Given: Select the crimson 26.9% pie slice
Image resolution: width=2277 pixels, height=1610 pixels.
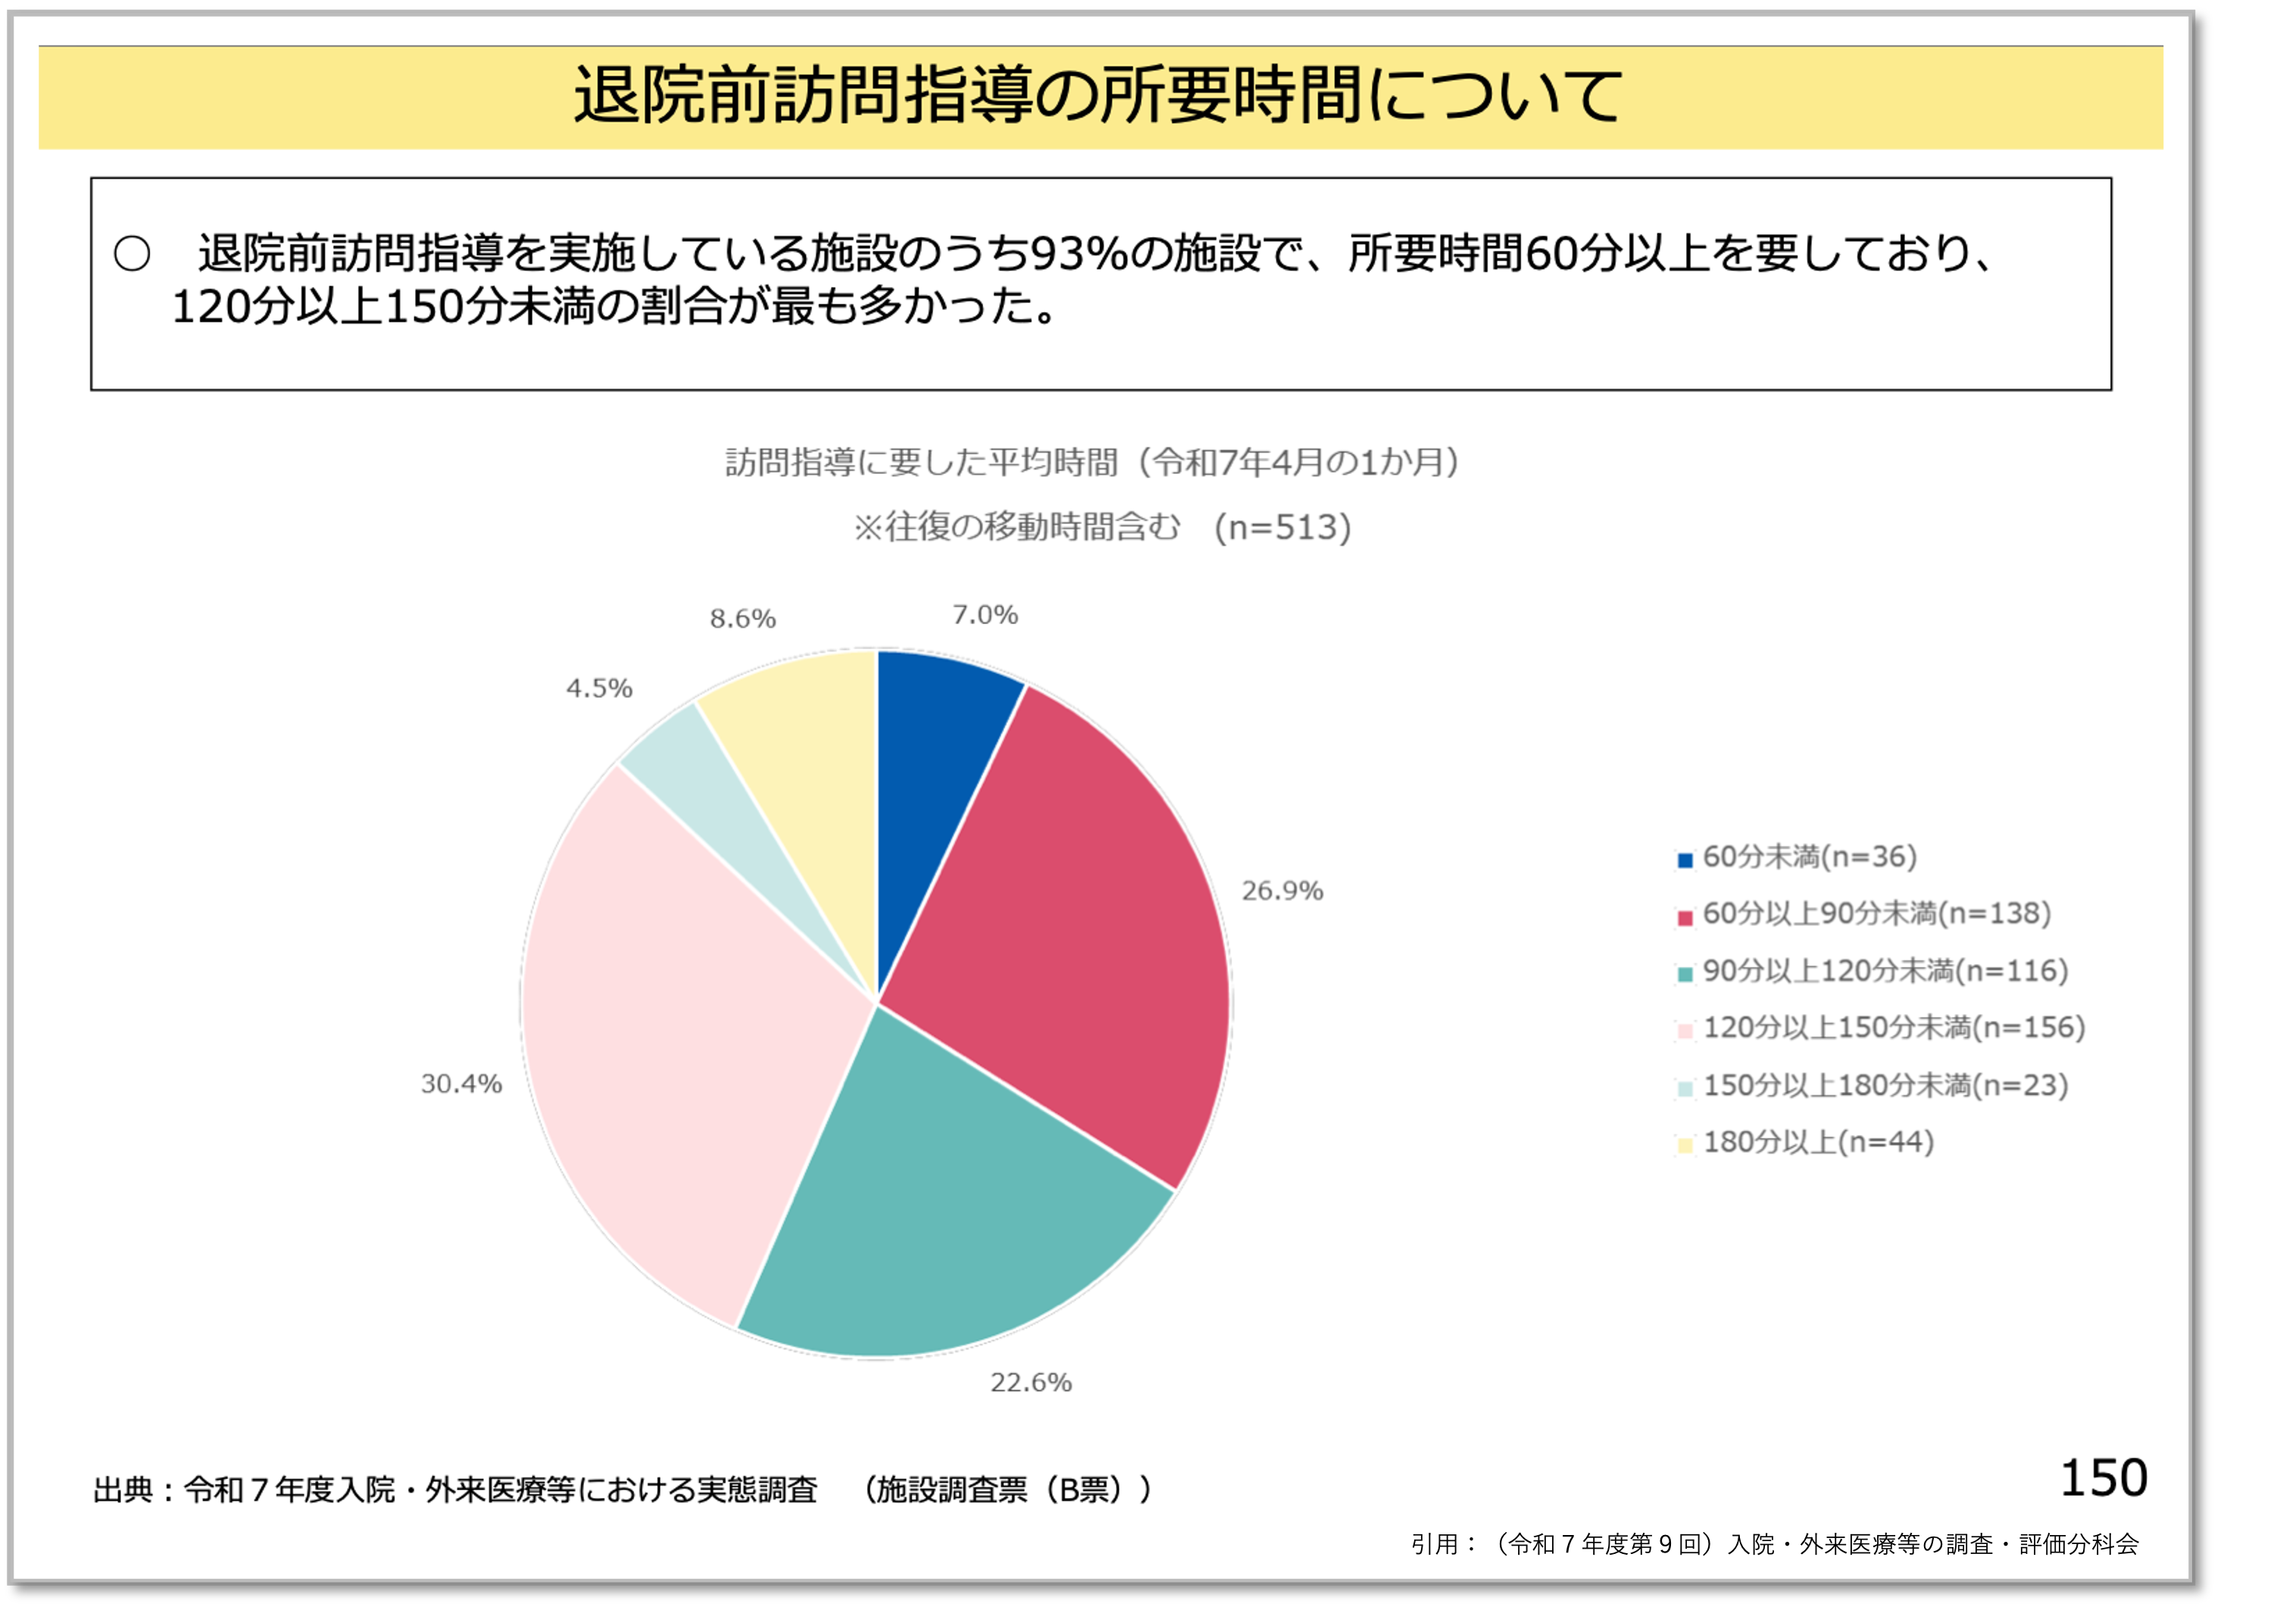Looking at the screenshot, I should pyautogui.click(x=1071, y=932).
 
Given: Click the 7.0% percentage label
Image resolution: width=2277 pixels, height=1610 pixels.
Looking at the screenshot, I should pyautogui.click(x=985, y=616).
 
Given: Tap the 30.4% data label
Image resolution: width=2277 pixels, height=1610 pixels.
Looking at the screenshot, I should pyautogui.click(x=461, y=1084).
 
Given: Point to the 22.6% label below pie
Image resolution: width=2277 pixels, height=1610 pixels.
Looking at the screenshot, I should pyautogui.click(x=1030, y=1382).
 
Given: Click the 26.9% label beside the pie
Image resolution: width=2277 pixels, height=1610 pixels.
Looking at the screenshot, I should pyautogui.click(x=1282, y=891).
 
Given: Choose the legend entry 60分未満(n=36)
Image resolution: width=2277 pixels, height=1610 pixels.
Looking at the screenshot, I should pyautogui.click(x=1809, y=857).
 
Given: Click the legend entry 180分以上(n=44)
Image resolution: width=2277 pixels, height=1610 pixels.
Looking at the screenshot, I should pyautogui.click(x=1818, y=1143).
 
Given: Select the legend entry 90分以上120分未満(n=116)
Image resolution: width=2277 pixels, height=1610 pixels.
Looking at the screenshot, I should pyautogui.click(x=1885, y=972).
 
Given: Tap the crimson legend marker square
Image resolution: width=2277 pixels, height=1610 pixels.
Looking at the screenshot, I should pyautogui.click(x=1685, y=918).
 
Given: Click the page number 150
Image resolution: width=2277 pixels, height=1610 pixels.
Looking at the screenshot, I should pyautogui.click(x=2104, y=1478).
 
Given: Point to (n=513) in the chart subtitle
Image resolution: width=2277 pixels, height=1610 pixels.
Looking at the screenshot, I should pyautogui.click(x=1283, y=527).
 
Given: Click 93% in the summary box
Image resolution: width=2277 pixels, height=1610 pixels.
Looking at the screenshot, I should pyautogui.click(x=1077, y=254).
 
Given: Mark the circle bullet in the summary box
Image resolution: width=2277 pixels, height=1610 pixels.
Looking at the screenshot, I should pyautogui.click(x=132, y=254).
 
